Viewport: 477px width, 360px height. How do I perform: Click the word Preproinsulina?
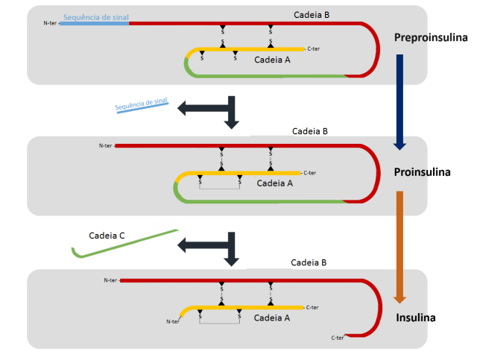(x=431, y=37)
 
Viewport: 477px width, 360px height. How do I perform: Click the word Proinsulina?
(x=423, y=172)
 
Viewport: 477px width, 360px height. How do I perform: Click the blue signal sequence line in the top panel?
(x=94, y=23)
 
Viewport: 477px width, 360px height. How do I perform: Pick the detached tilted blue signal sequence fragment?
(x=142, y=106)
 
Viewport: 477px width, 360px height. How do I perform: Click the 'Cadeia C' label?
(x=107, y=236)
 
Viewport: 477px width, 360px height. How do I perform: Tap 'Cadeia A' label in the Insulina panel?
(x=272, y=317)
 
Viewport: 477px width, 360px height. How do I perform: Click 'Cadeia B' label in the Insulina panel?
(x=309, y=262)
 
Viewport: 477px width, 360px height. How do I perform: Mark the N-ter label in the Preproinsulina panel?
(x=51, y=23)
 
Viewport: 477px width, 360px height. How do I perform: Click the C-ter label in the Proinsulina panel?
(x=311, y=171)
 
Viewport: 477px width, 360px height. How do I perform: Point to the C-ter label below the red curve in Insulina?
(x=338, y=338)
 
